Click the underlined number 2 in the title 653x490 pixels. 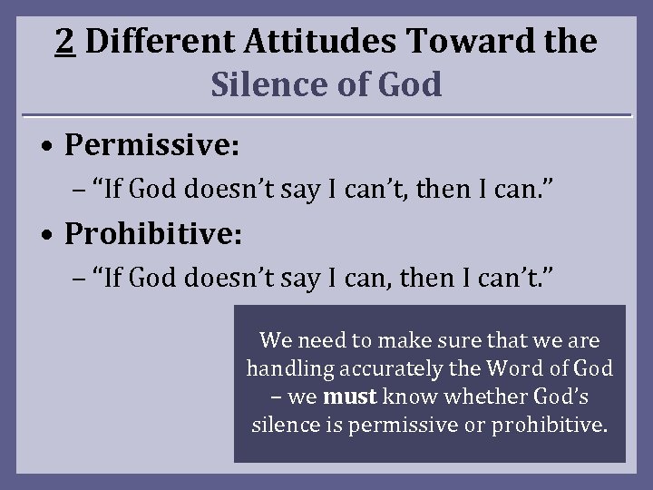(64, 40)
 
